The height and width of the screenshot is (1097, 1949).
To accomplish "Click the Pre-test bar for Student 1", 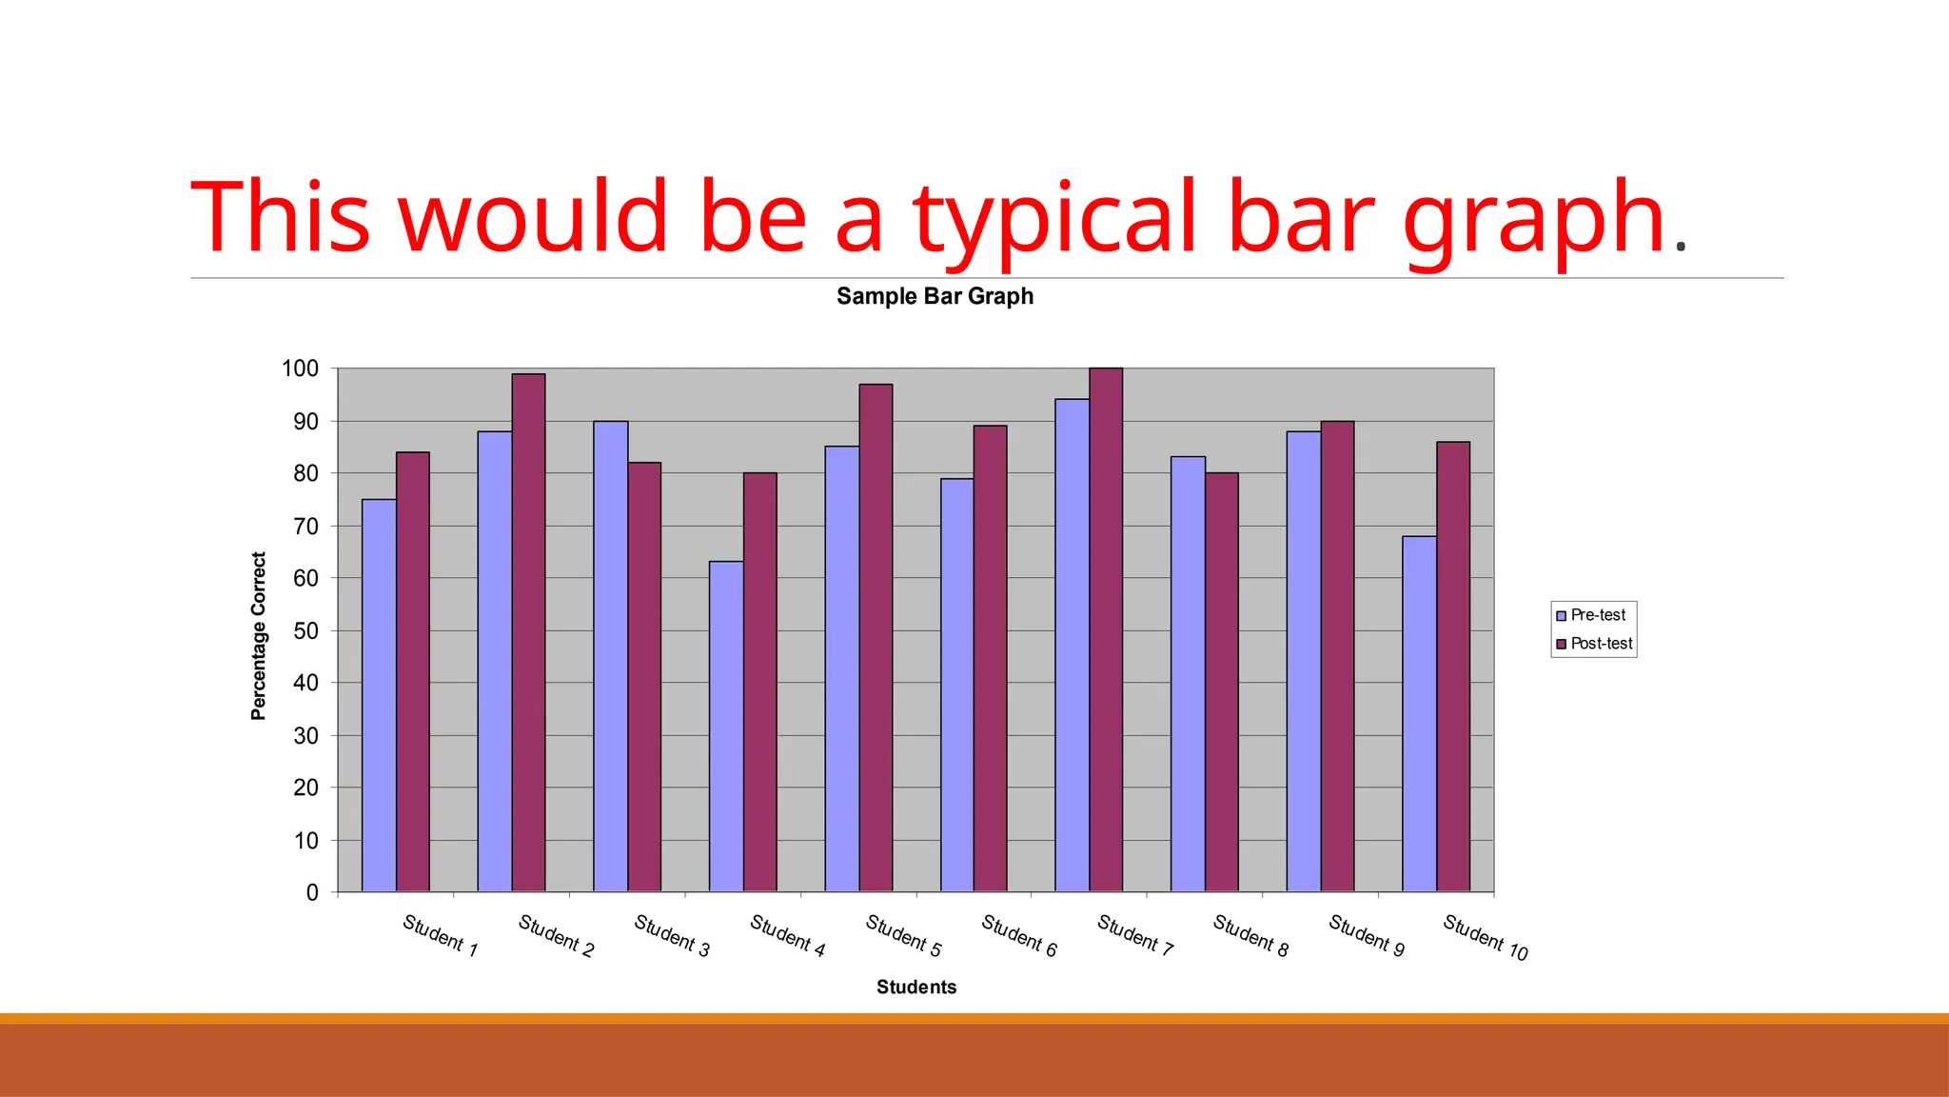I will pyautogui.click(x=379, y=695).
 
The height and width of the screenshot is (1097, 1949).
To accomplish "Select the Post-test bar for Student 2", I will pyautogui.click(x=528, y=632).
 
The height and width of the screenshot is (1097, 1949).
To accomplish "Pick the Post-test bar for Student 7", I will pyautogui.click(x=1106, y=629).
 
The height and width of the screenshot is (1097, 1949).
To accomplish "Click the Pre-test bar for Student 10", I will pyautogui.click(x=1419, y=713).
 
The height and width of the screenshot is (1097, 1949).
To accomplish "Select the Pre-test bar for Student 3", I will pyautogui.click(x=610, y=656).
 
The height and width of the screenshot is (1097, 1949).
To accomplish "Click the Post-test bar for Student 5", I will pyautogui.click(x=876, y=637).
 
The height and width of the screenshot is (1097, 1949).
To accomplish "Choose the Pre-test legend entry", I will pyautogui.click(x=1591, y=615).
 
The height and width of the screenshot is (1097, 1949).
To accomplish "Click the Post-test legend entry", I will pyautogui.click(x=1594, y=644).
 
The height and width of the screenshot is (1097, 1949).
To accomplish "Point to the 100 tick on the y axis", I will pyautogui.click(x=300, y=369).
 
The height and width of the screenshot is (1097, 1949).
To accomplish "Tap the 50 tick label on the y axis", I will pyautogui.click(x=305, y=631).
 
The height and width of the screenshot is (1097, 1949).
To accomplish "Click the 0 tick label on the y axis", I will pyautogui.click(x=312, y=893).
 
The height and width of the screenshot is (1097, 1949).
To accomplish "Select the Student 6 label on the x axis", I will pyautogui.click(x=1019, y=935).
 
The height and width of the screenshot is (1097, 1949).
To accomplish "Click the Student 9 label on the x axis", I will pyautogui.click(x=1367, y=935).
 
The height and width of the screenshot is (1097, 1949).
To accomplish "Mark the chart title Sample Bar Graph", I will pyautogui.click(x=935, y=296).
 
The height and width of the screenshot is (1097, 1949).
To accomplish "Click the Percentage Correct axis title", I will pyautogui.click(x=258, y=636).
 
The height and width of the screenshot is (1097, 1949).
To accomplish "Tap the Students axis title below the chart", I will pyautogui.click(x=916, y=987).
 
